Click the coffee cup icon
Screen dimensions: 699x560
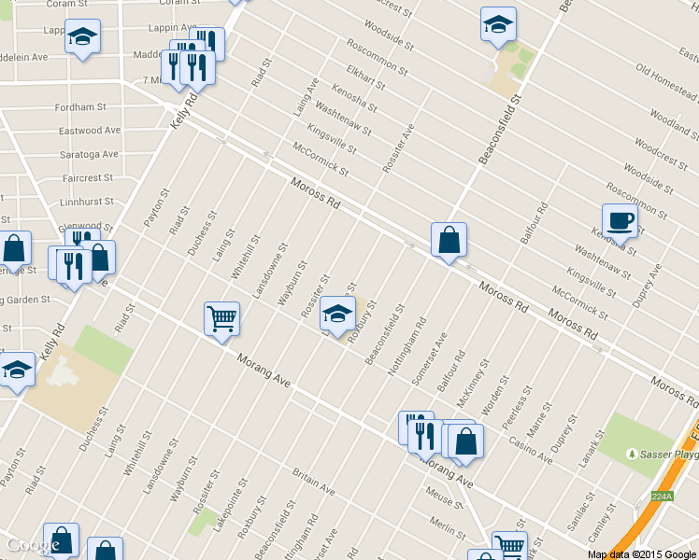[620, 221]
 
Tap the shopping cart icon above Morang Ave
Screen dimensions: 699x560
[221, 319]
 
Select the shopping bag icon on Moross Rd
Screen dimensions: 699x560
[449, 240]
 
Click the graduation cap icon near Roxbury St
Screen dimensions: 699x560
[337, 314]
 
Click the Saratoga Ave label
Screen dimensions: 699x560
[90, 154]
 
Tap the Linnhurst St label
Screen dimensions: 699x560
[86, 201]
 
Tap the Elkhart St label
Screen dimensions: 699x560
[364, 77]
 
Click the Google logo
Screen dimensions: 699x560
[32, 545]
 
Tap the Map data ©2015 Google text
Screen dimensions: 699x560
[642, 553]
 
